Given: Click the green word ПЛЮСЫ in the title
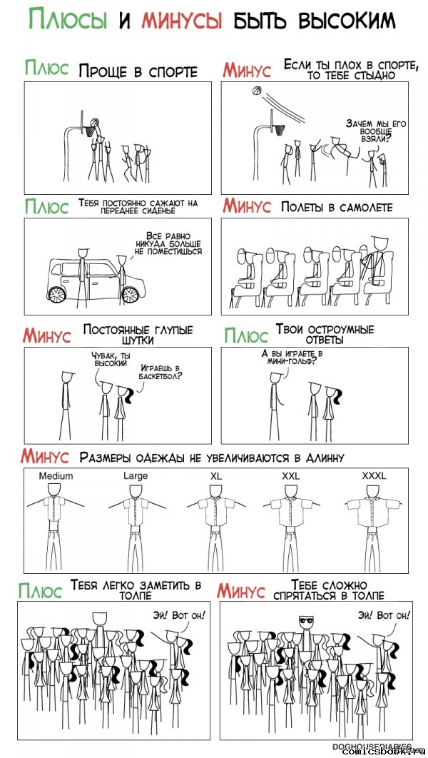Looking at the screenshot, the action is click(67, 19).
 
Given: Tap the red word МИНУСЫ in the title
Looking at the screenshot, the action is click(182, 20).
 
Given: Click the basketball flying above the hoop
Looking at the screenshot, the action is click(257, 91).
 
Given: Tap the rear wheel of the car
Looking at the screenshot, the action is click(56, 294).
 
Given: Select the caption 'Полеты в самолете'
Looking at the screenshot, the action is click(337, 208).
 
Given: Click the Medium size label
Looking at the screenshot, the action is click(56, 475).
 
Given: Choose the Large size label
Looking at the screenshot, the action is click(136, 475).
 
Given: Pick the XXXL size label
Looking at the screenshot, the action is click(374, 475).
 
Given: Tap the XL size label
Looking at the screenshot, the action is click(216, 475).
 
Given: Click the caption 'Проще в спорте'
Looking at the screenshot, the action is click(138, 71).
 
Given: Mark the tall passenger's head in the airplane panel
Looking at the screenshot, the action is click(379, 241).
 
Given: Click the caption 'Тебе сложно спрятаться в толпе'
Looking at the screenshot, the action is click(329, 591).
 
